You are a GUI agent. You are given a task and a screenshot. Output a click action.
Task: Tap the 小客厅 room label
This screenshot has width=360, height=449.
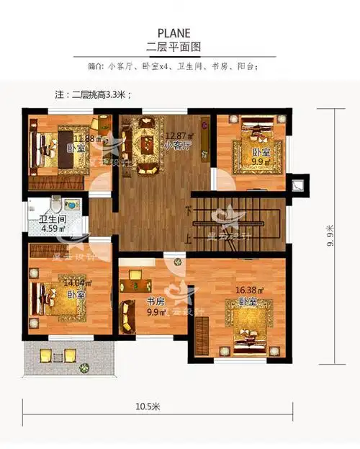176,146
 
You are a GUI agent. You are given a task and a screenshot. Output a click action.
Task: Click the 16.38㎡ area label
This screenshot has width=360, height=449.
249,290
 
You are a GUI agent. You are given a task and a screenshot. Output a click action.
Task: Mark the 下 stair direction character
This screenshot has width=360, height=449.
188,211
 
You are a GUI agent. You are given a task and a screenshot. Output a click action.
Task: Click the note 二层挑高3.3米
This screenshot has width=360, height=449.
94,94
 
